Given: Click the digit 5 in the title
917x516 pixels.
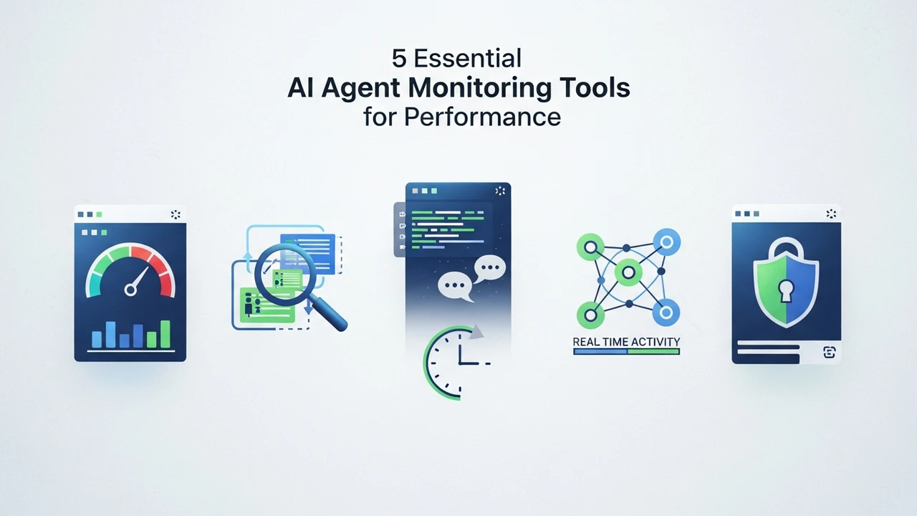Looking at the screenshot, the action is [x=399, y=59].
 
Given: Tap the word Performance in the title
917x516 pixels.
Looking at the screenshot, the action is [x=482, y=118].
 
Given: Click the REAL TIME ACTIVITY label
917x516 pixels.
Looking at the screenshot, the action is [x=626, y=342].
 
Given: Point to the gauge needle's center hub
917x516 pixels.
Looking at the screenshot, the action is [x=130, y=290].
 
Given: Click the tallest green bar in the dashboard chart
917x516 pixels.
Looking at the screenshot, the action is [x=165, y=334].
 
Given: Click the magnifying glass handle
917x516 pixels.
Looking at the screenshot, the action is [x=328, y=313].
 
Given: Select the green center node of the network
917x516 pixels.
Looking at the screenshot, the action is [x=628, y=272].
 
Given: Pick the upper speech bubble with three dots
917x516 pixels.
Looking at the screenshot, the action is [x=489, y=269].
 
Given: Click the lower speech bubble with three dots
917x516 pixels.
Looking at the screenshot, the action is [x=455, y=286].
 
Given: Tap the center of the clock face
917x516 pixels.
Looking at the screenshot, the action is [x=460, y=363].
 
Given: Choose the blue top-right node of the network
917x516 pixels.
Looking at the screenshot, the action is [x=666, y=242].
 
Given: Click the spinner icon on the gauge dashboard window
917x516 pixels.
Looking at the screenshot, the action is [x=176, y=214].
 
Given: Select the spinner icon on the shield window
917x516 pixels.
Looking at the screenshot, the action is [x=831, y=214].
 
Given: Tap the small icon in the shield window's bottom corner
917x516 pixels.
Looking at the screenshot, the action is [x=829, y=352].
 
